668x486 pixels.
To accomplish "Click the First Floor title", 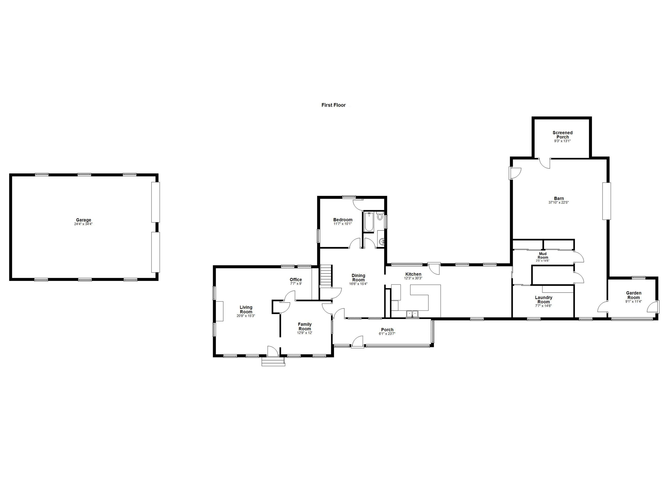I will coord(333,105).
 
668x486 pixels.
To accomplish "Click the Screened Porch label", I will coord(562,135).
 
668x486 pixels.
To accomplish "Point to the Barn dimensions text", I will coord(558,203).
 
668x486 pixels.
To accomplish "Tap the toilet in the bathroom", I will coord(380,217).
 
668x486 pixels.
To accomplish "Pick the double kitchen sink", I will coord(412,313).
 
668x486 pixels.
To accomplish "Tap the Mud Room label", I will coord(543,256).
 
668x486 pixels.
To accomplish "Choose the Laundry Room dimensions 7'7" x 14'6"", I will coord(543,306).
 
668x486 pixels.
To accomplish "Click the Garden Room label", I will coord(634,295).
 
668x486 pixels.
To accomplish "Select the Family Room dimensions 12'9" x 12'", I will coord(305,333).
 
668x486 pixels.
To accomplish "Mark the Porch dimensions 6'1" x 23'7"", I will coord(387,334).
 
